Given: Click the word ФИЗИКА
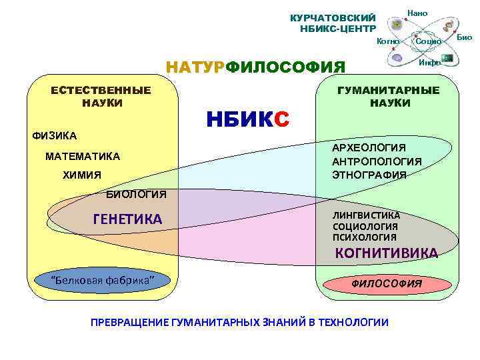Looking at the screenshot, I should (x=55, y=136).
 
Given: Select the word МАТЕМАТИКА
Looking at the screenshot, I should (x=83, y=156).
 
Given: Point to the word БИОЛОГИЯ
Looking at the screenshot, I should (x=136, y=194).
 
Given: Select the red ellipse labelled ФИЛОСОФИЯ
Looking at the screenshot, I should (x=386, y=283).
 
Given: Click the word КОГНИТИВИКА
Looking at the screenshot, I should (x=386, y=253).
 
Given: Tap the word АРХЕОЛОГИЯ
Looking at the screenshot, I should (x=369, y=147).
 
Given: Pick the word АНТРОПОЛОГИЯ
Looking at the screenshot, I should (x=377, y=161).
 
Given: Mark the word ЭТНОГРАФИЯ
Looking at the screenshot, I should (x=369, y=175).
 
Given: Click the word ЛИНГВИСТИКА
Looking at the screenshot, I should (x=366, y=215).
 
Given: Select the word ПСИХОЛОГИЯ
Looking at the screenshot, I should (x=364, y=237).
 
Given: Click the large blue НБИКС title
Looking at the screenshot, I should (x=247, y=119).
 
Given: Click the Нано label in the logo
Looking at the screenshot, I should (x=417, y=13).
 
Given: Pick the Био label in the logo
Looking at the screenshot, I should (x=464, y=37).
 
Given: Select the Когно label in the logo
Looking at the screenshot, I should (x=388, y=41).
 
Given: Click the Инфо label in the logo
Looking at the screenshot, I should (x=429, y=62).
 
